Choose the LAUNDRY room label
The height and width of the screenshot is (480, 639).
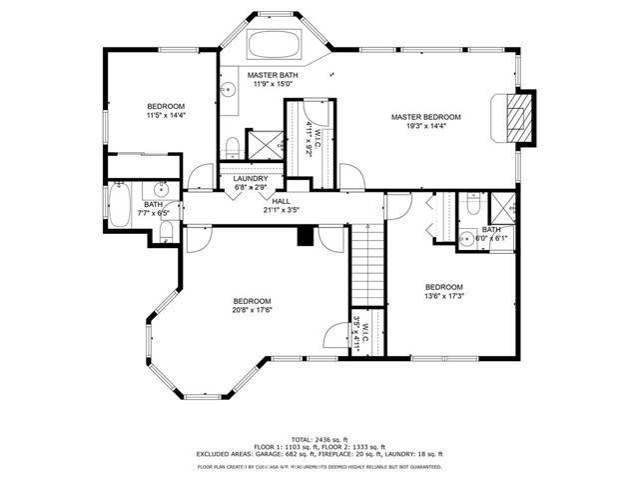click(252, 179)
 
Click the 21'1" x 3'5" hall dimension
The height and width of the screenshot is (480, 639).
click(282, 211)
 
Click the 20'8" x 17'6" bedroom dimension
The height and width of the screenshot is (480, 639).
click(253, 310)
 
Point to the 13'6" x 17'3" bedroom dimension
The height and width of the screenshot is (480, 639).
click(444, 295)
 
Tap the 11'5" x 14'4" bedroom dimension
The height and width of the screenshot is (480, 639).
click(167, 115)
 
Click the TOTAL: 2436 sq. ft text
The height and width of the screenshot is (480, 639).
click(319, 439)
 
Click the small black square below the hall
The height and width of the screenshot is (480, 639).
click(305, 235)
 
